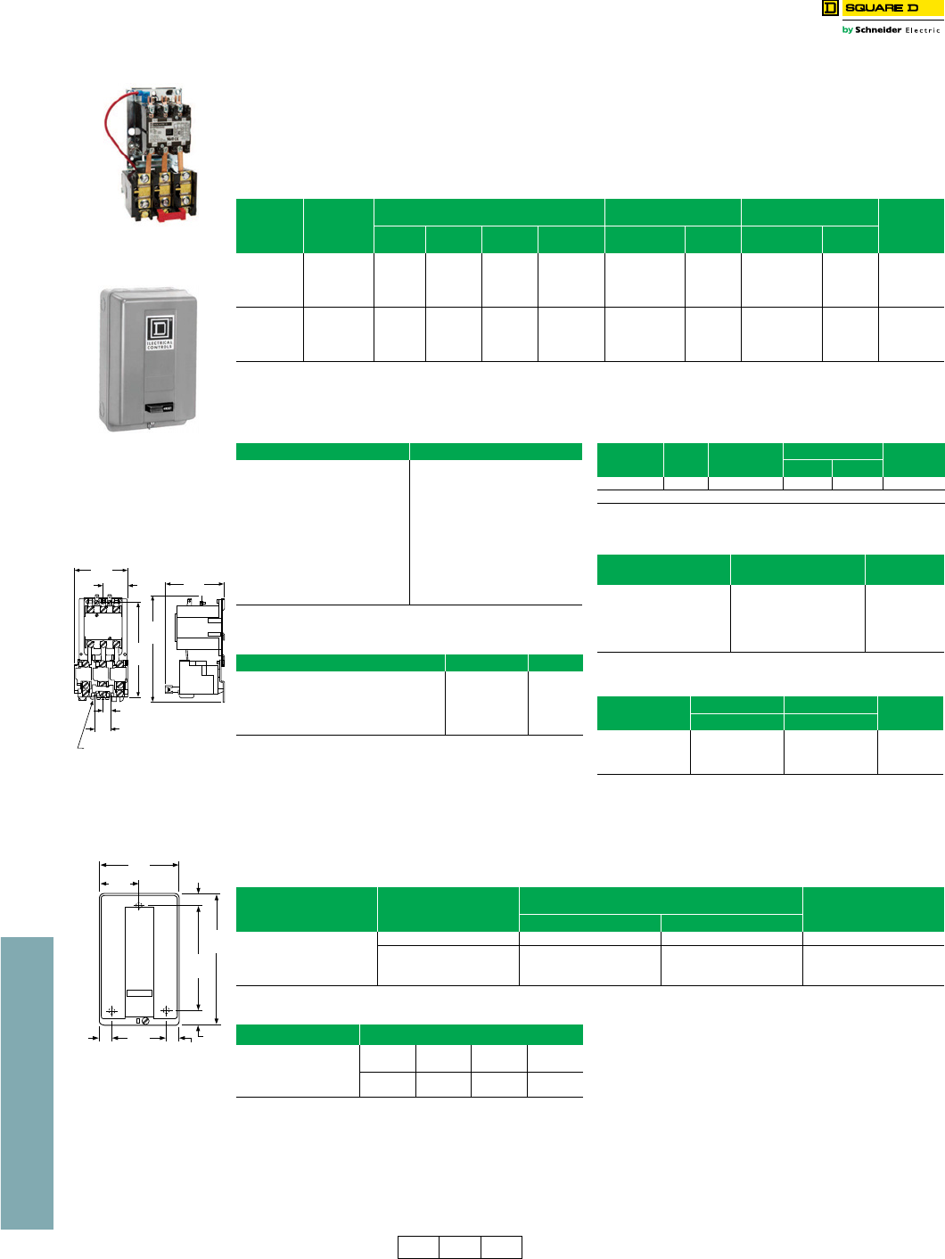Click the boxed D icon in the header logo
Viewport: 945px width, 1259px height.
tap(830, 8)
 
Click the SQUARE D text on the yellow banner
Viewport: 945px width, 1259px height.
tap(881, 8)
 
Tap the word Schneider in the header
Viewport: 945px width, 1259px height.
tap(877, 30)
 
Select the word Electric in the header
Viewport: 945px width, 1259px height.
tap(923, 30)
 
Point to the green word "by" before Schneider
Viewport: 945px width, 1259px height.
tap(847, 30)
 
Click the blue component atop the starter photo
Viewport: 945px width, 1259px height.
tap(139, 94)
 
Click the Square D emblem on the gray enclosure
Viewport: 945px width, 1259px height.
tap(160, 327)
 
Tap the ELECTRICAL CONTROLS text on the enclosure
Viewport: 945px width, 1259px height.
tap(160, 344)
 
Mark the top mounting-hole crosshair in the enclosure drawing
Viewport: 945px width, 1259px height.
tap(139, 905)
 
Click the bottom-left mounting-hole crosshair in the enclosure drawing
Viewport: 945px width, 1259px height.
tap(112, 1010)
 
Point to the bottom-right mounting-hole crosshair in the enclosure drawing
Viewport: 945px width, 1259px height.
tap(166, 1010)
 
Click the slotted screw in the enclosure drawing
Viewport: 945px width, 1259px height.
tap(145, 1021)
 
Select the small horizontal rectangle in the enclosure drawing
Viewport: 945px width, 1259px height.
tap(139, 992)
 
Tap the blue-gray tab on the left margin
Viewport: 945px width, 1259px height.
tap(27, 1082)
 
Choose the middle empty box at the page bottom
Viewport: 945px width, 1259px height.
tap(460, 1247)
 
